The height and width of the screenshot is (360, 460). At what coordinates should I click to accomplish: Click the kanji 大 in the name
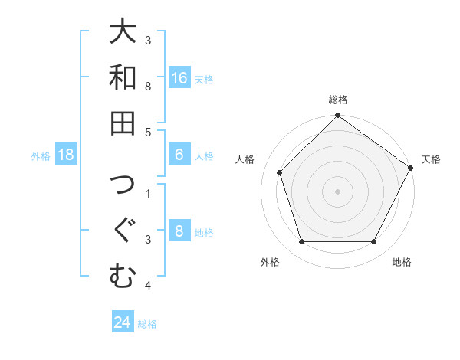[123, 33]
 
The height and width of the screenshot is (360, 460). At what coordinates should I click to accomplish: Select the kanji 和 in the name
[123, 78]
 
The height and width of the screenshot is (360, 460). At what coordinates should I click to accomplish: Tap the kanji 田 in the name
[123, 123]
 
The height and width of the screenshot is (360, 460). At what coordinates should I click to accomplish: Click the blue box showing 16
[179, 78]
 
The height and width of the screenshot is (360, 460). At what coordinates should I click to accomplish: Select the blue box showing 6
[179, 155]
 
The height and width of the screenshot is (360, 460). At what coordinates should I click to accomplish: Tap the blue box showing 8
[179, 232]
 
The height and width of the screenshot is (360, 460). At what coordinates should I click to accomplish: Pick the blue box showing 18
[66, 155]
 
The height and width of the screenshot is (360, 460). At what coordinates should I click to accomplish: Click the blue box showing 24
[123, 322]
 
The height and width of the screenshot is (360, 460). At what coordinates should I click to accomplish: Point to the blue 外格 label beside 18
[41, 156]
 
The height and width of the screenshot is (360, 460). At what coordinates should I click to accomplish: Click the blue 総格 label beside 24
[147, 324]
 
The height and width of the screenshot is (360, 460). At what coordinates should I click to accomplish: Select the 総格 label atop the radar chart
[337, 100]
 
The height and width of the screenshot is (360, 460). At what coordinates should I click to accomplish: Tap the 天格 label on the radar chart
[431, 159]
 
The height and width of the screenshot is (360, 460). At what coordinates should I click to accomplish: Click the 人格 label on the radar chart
[245, 159]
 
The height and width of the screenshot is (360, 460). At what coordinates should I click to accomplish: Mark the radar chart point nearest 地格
[373, 242]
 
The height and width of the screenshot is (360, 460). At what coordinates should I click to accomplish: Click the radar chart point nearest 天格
[411, 168]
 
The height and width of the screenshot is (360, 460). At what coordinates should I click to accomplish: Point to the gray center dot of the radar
[337, 191]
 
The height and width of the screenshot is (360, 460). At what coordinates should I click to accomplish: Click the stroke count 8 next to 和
[148, 86]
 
